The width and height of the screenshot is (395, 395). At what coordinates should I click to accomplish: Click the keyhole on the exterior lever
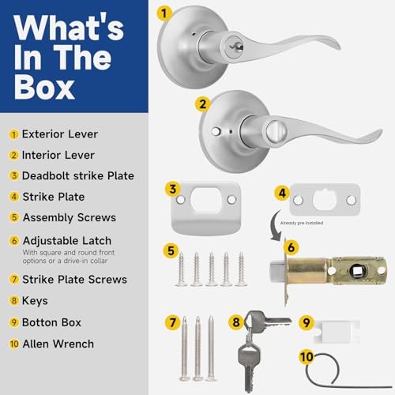pyautogui.click(x=234, y=47)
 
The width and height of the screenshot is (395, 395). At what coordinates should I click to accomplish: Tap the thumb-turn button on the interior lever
pyautogui.click(x=276, y=130)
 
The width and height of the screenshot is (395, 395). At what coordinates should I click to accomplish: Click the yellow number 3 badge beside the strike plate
pyautogui.click(x=173, y=189)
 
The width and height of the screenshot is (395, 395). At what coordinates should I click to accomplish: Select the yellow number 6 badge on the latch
pyautogui.click(x=292, y=247)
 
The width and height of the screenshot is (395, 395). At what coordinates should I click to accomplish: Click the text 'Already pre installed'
pyautogui.click(x=302, y=223)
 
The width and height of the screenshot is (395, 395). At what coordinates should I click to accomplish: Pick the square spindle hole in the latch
pyautogui.click(x=358, y=270)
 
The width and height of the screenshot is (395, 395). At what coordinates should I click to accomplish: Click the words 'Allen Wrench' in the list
pyautogui.click(x=58, y=344)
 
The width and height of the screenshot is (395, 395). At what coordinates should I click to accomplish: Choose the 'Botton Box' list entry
pyautogui.click(x=51, y=322)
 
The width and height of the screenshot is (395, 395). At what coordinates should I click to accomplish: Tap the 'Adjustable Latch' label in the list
pyautogui.click(x=67, y=241)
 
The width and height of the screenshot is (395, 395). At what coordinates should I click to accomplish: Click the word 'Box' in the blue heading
pyautogui.click(x=44, y=87)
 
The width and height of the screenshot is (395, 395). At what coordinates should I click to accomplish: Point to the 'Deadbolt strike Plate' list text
pyautogui.click(x=78, y=175)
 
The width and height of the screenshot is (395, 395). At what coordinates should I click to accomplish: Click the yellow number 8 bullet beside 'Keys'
pyautogui.click(x=14, y=301)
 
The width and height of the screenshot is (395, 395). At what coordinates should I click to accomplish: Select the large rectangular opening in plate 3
pyautogui.click(x=205, y=200)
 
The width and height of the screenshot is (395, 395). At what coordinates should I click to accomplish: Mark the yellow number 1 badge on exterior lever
pyautogui.click(x=164, y=13)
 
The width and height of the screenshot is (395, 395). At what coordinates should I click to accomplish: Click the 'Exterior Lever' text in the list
pyautogui.click(x=60, y=134)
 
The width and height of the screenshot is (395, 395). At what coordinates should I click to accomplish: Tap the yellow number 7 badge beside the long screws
pyautogui.click(x=173, y=322)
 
